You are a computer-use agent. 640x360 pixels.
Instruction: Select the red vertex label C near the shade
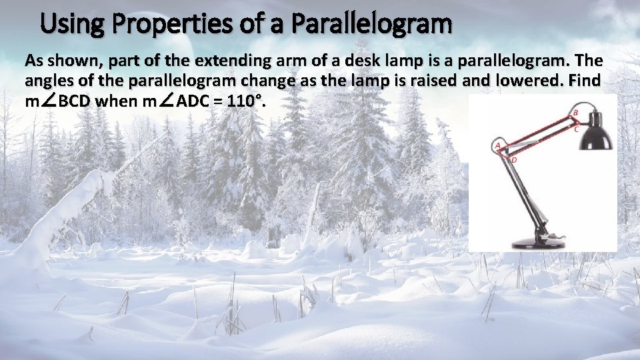coord(576,130)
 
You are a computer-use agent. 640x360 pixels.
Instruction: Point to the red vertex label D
coord(513,160)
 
